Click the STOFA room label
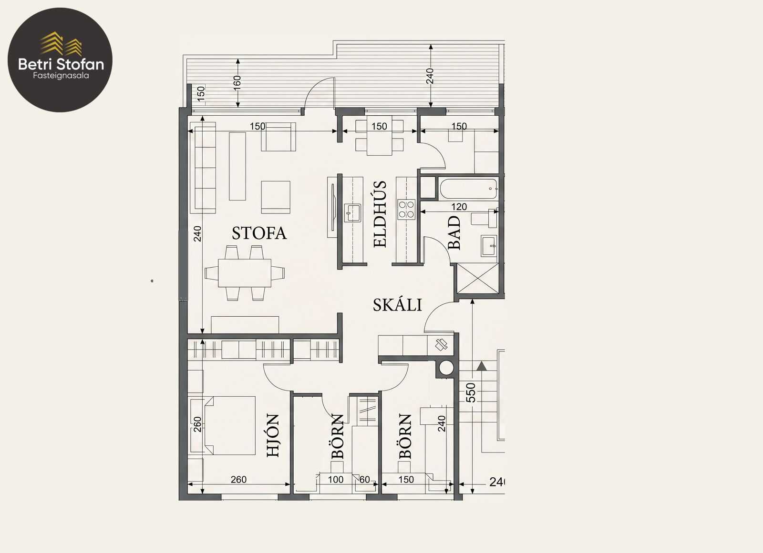(259, 233)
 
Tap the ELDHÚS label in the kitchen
(380, 214)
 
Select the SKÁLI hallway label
(397, 305)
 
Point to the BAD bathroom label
(454, 233)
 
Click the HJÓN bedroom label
(273, 435)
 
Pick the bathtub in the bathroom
(468, 189)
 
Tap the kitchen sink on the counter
(352, 213)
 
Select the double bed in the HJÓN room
(229, 425)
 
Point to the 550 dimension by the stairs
(470, 392)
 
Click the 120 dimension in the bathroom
(459, 207)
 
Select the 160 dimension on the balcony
(237, 83)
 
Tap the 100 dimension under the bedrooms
(336, 480)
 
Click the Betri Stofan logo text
(61, 64)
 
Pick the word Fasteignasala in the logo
(61, 76)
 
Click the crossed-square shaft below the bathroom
(477, 278)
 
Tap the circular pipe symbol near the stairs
(445, 368)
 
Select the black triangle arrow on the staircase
(481, 366)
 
